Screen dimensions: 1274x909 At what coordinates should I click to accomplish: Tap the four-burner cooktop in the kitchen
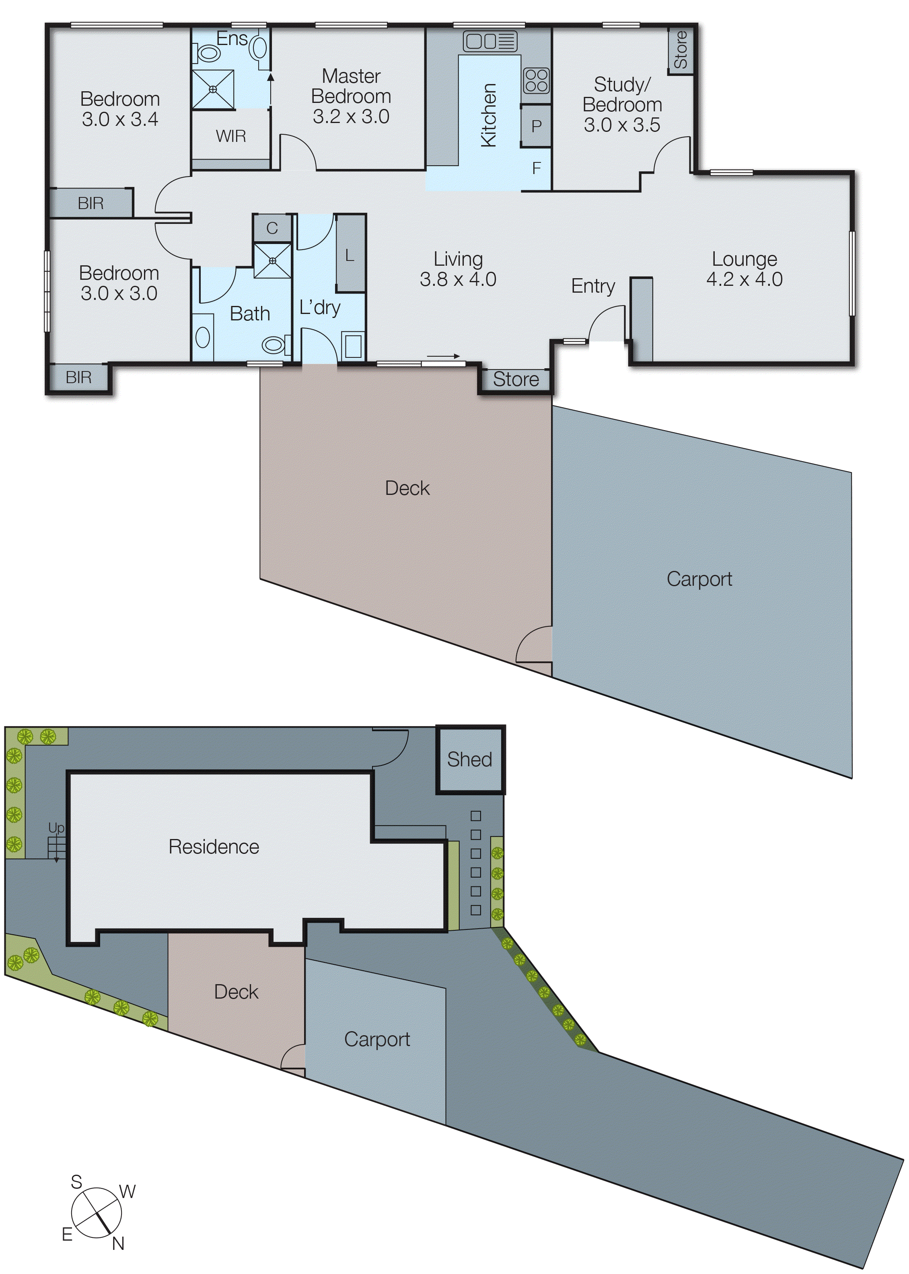536,80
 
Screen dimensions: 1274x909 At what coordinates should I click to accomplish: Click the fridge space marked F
536,168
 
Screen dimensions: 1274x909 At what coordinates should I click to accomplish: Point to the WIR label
230,136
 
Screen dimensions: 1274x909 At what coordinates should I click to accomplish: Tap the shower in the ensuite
213,90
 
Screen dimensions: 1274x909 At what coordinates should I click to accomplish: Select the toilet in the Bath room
274,345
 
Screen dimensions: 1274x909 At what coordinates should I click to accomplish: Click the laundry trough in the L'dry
353,346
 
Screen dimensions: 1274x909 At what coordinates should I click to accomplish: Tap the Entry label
593,286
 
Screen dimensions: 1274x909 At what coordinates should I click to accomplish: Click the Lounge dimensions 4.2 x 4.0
744,279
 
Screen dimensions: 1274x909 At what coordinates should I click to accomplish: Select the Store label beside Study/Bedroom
681,50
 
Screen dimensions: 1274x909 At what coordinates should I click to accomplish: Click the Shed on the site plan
470,759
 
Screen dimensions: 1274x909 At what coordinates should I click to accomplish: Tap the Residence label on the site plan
214,847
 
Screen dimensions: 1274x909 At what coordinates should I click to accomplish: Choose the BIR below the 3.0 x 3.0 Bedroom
78,377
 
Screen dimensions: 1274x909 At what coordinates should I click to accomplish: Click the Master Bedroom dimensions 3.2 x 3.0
351,116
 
